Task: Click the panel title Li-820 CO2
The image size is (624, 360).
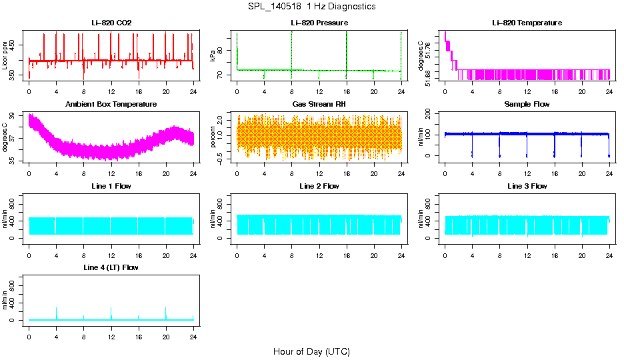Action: tap(111, 23)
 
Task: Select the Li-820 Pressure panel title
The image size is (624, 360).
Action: tap(319, 23)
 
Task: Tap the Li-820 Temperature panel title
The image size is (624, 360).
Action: tap(527, 23)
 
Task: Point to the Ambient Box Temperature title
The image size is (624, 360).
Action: tap(111, 105)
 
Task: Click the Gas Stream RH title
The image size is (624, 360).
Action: tap(319, 105)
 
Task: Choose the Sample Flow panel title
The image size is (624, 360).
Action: tap(527, 105)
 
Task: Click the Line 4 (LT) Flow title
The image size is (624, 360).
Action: tap(111, 267)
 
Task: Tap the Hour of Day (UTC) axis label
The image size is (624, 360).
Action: tap(311, 351)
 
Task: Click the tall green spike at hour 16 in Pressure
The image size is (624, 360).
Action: tap(347, 50)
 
